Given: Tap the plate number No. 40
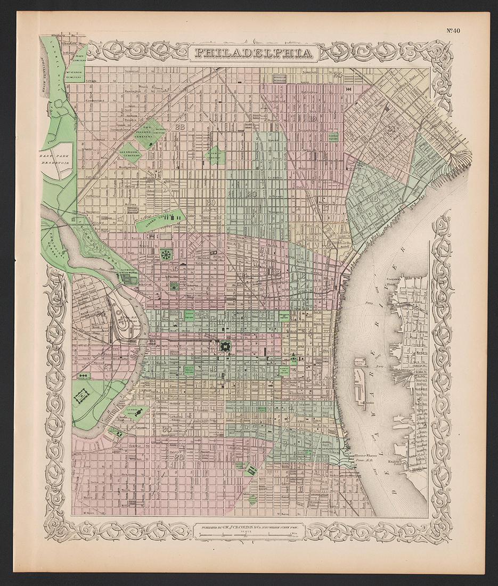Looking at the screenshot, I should coord(458,30).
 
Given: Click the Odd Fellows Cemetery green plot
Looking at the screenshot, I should coord(149,134).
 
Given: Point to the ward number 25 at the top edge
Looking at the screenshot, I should coord(337,75).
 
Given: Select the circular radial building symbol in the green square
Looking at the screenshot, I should coord(165,255).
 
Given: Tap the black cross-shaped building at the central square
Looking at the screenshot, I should coord(225,346).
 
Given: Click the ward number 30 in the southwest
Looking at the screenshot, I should coord(167,430).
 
